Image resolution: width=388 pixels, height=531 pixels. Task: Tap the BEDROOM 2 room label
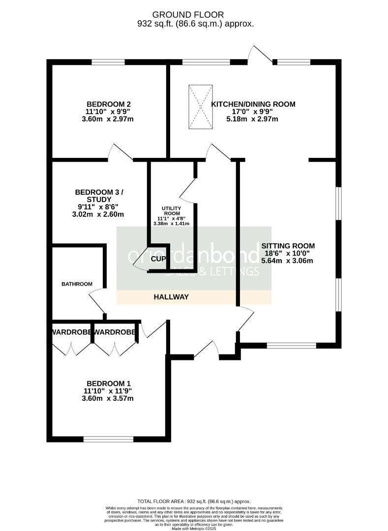(x=109, y=104)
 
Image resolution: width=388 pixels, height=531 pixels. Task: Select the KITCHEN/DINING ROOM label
(x=253, y=104)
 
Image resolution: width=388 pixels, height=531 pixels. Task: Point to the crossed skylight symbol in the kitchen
(x=201, y=107)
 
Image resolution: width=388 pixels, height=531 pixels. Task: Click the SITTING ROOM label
(x=288, y=246)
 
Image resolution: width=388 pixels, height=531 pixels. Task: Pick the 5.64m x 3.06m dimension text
(x=288, y=261)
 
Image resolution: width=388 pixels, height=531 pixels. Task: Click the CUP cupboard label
(x=158, y=259)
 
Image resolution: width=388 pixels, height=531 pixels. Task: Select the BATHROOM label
(x=77, y=284)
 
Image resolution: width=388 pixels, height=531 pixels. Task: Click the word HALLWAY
(x=171, y=297)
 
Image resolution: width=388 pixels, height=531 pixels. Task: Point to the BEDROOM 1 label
(x=109, y=383)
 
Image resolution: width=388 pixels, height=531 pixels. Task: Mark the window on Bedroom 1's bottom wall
(x=108, y=439)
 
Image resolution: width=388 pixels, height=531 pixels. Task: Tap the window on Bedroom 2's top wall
(x=108, y=62)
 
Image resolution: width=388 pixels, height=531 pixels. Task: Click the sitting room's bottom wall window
(x=292, y=346)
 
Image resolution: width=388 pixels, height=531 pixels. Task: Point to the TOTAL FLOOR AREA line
(x=194, y=499)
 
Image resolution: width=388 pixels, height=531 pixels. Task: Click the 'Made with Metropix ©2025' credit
(x=194, y=528)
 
